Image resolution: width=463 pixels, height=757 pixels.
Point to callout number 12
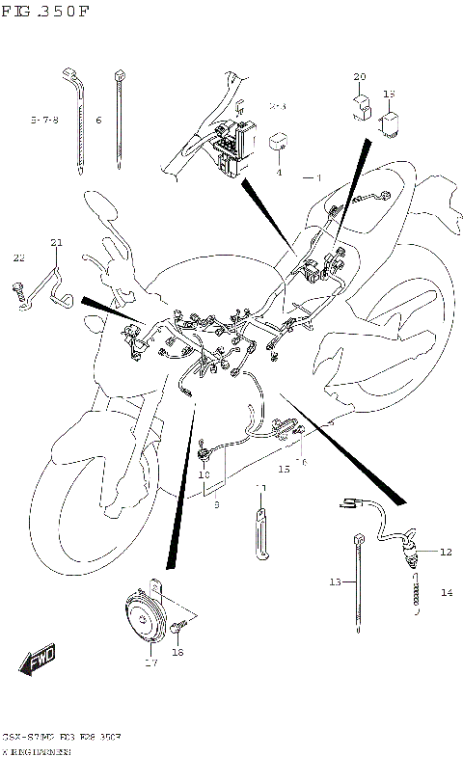coord(445,553)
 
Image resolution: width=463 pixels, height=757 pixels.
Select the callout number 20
coord(360,76)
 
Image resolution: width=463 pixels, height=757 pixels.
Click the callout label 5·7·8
coord(43,121)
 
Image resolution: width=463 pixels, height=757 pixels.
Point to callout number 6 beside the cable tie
coord(98,121)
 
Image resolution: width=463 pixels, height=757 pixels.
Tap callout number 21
coord(56,242)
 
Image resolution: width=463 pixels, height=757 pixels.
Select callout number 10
coord(204,475)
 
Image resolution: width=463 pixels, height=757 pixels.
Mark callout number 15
coord(284,469)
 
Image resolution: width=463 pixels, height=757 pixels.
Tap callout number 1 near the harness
coord(316,177)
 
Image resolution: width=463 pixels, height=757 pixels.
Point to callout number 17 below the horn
coord(150,662)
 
